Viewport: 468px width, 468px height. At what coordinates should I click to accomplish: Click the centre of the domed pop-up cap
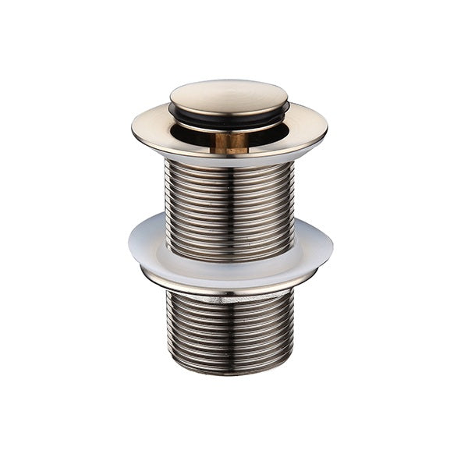tap(229, 96)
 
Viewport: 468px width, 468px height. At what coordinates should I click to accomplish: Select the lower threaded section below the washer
tap(229, 328)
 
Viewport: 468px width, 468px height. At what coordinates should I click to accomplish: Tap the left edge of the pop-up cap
tap(172, 97)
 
